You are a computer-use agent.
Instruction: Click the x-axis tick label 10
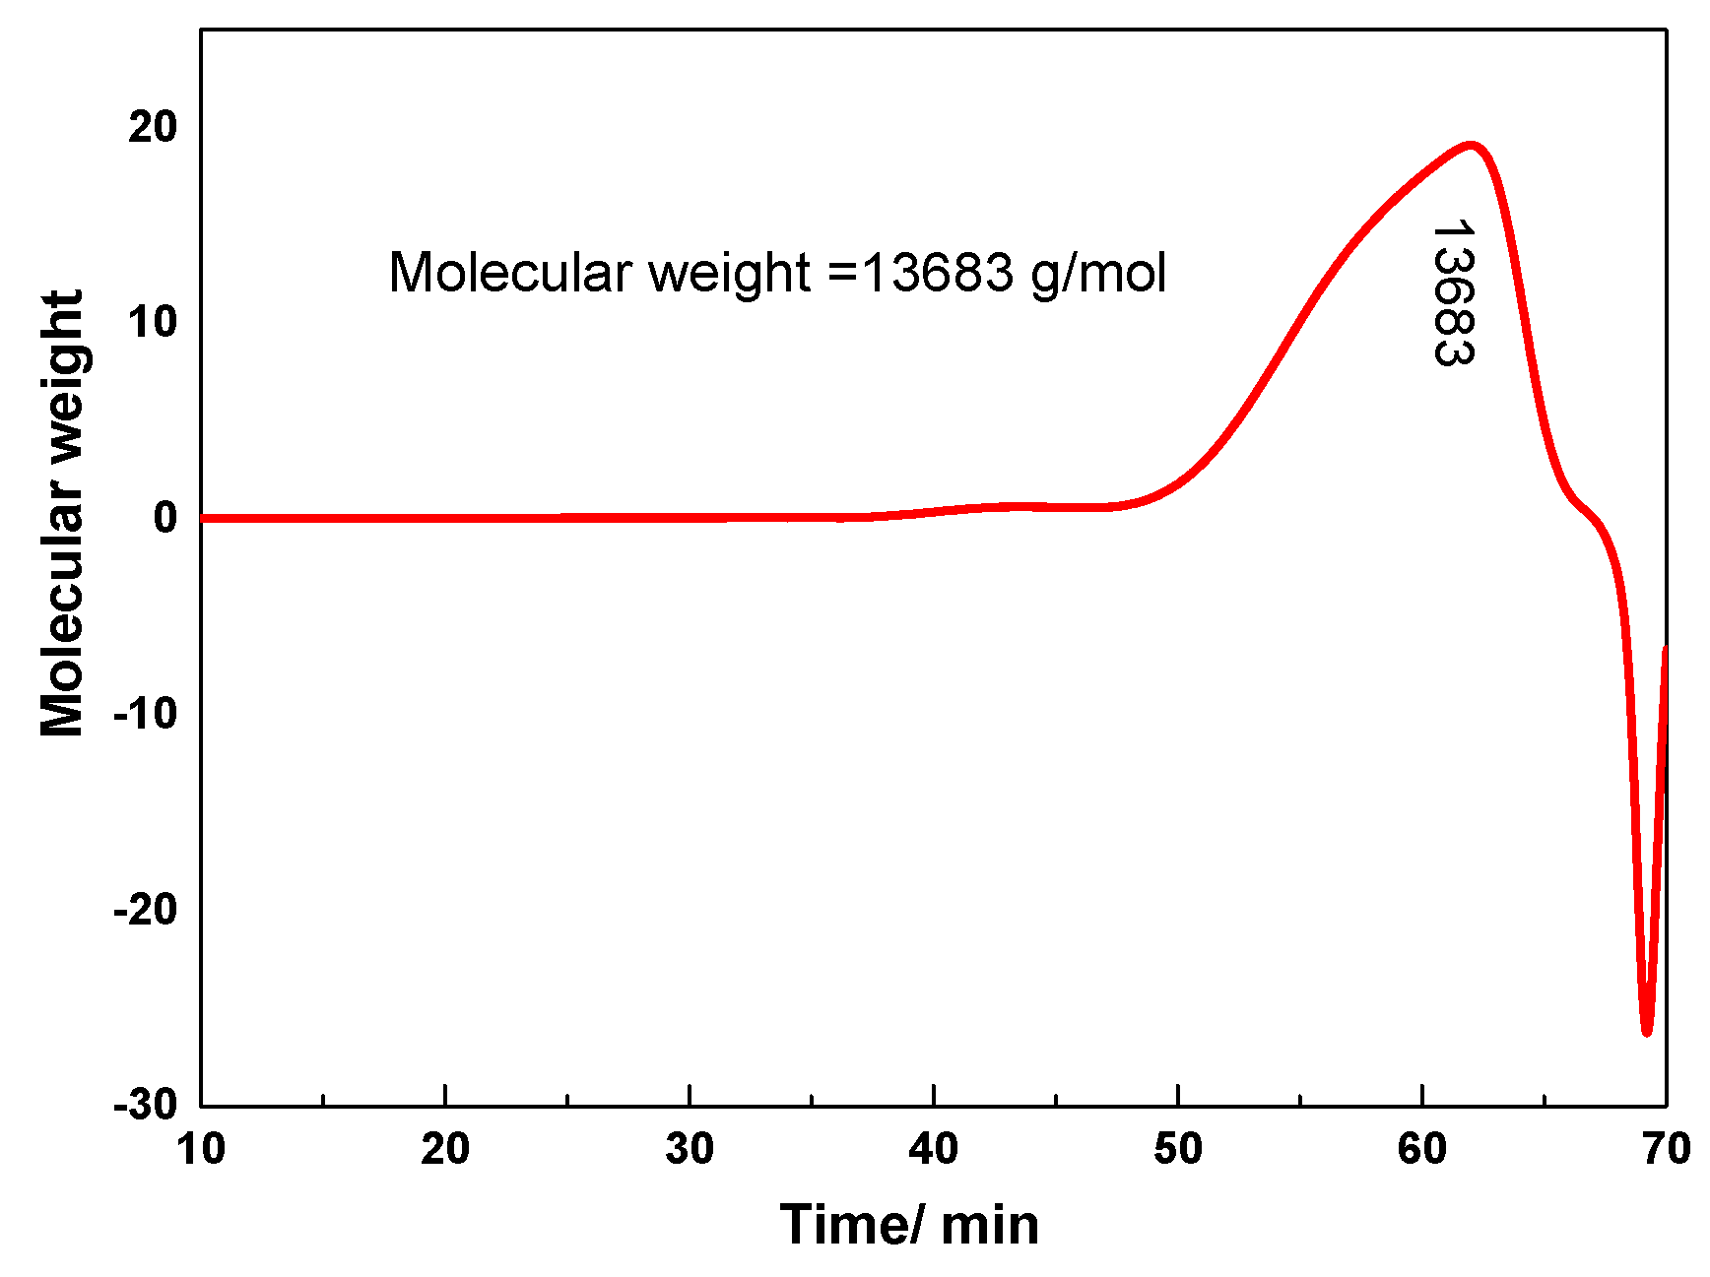coord(201,1149)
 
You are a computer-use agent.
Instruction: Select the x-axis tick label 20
coord(445,1149)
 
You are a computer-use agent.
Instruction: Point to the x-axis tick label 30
coord(690,1149)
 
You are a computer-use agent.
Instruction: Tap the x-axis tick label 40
coord(934,1149)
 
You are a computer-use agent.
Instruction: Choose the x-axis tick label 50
coord(1178,1149)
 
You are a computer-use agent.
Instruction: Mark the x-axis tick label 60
coord(1422,1149)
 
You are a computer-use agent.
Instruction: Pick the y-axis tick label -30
coord(146,1105)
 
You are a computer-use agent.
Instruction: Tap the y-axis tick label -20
coord(146,909)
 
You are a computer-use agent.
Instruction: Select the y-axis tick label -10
coord(146,713)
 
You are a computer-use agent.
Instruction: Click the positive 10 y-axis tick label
coord(153,321)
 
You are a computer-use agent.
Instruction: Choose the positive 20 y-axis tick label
coord(153,126)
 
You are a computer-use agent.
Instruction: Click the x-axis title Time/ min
coord(909,1226)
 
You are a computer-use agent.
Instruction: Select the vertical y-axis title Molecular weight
coord(62,513)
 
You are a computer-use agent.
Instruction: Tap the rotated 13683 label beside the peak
coord(1453,292)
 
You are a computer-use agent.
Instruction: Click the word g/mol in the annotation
coord(1098,273)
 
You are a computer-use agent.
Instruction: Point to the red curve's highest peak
coord(1472,145)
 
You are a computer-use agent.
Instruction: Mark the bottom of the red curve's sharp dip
coord(1647,1032)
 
